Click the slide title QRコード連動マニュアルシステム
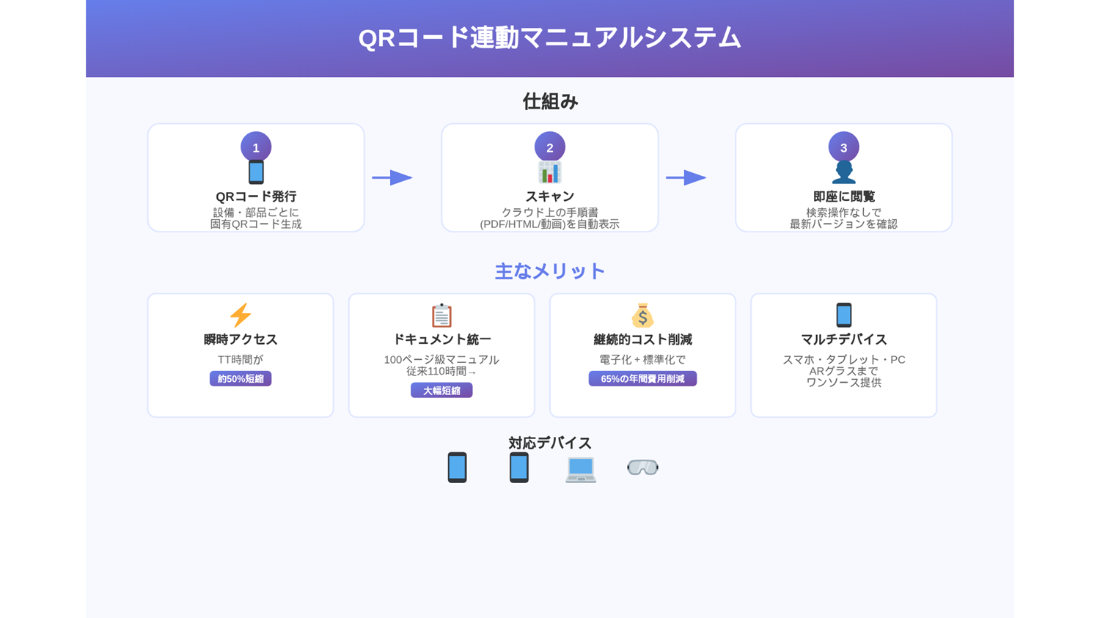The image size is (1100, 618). pos(549,38)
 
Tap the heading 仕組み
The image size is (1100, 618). pos(550,102)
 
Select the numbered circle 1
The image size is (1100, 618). pos(256,147)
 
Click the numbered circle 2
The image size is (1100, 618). pos(549,147)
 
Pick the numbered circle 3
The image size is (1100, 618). pos(843,147)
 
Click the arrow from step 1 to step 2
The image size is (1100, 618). pos(392,177)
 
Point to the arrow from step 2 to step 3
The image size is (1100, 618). pos(686,177)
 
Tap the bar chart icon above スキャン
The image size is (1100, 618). pos(549,172)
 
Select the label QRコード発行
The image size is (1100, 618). pos(256,196)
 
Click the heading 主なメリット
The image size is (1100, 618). pos(549,271)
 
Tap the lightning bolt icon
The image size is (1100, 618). pos(241,315)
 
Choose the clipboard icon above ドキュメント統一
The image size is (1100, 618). pos(441,315)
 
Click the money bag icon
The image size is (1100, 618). pos(642,315)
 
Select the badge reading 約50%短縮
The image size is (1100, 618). pos(241,378)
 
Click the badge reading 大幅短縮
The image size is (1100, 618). pos(441,390)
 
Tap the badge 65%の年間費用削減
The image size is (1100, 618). pos(642,378)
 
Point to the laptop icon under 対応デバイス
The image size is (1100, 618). pos(581,470)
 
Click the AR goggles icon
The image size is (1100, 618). pos(642,467)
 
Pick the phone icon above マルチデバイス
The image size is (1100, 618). pos(843,315)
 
